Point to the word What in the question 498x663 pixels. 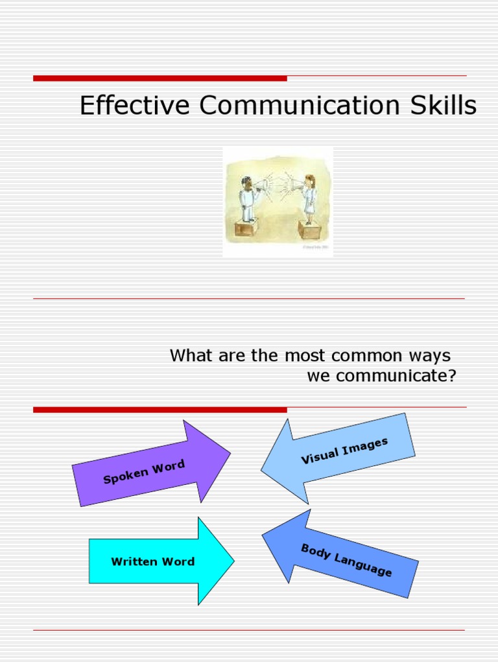click(x=191, y=355)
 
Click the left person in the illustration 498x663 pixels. click(x=246, y=197)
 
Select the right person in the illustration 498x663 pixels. click(x=309, y=197)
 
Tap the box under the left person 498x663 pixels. click(x=246, y=228)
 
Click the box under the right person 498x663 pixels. click(x=309, y=230)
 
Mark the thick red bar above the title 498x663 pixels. click(x=160, y=78)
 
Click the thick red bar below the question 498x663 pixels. click(x=160, y=409)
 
